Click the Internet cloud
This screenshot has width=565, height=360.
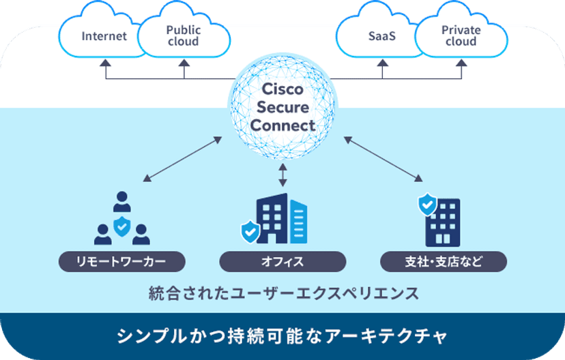[104, 35]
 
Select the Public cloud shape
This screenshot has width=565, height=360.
[183, 35]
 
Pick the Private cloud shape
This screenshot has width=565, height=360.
[461, 35]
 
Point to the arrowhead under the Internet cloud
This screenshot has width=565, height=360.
[105, 63]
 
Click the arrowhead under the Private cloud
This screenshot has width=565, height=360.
[461, 63]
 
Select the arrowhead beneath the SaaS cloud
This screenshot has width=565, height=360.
[383, 63]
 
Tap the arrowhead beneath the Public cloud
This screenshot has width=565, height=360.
[184, 63]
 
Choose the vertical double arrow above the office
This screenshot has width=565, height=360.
[282, 175]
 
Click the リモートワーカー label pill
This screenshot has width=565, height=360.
[121, 261]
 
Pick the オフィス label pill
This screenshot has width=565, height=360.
[282, 261]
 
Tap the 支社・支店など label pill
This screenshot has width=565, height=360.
[444, 261]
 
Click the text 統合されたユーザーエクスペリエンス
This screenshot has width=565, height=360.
[282, 294]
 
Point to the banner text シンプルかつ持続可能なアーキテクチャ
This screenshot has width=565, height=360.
[282, 336]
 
